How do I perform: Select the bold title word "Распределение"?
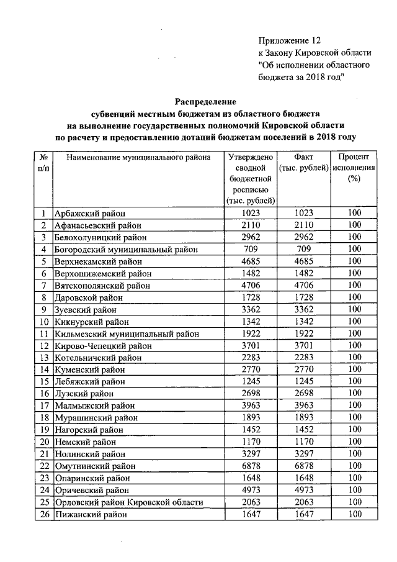click(x=205, y=101)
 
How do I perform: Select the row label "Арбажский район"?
click(x=88, y=213)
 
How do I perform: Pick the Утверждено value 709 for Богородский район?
click(x=251, y=250)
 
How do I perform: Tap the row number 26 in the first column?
click(x=44, y=514)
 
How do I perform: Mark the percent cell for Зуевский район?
click(x=354, y=309)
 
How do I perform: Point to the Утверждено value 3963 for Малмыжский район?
click(x=251, y=406)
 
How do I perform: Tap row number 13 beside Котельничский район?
click(x=44, y=358)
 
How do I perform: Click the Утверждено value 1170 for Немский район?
click(x=251, y=442)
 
